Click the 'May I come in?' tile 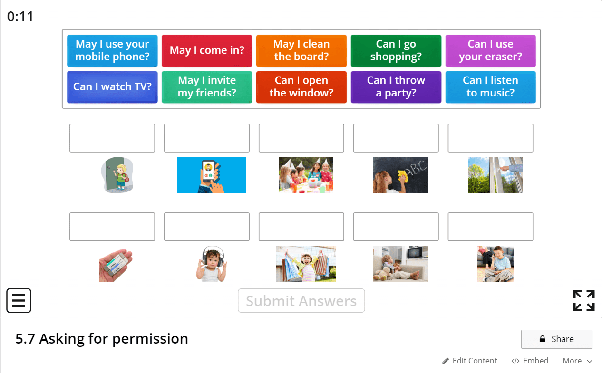[207, 50]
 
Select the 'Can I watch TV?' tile [112, 87]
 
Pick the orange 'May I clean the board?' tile [301, 50]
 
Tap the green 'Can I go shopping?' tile [396, 50]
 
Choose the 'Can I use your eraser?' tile [490, 50]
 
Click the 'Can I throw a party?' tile [396, 87]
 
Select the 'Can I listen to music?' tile [490, 87]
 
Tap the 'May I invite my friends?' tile [207, 87]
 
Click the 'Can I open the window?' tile [301, 87]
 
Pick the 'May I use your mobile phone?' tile [112, 50]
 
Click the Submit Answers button [301, 301]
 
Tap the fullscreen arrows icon [584, 301]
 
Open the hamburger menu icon [19, 301]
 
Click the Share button [556, 339]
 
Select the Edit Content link [469, 361]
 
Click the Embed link [530, 361]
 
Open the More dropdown [577, 361]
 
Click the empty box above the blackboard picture [396, 138]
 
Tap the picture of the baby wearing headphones [211, 264]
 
